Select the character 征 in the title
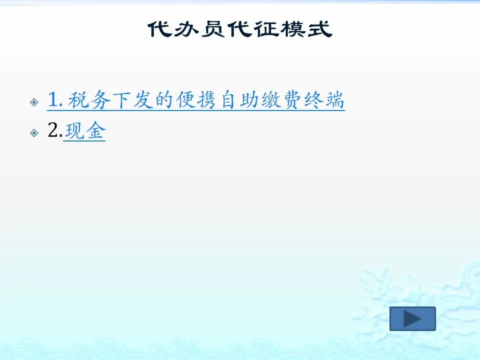point(267,29)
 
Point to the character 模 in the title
point(293,29)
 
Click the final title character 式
point(320,29)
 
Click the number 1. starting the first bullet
point(55,99)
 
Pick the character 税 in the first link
point(78,100)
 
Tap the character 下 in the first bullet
point(120,100)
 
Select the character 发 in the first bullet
point(142,100)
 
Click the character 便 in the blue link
point(185,100)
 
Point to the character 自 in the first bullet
point(228,100)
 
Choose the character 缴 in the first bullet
point(271,100)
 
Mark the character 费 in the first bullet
point(292,100)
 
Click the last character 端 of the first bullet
point(335,100)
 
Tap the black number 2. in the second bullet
point(55,130)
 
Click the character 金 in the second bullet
point(95,130)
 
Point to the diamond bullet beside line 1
point(34,102)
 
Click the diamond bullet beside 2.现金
point(34,133)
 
